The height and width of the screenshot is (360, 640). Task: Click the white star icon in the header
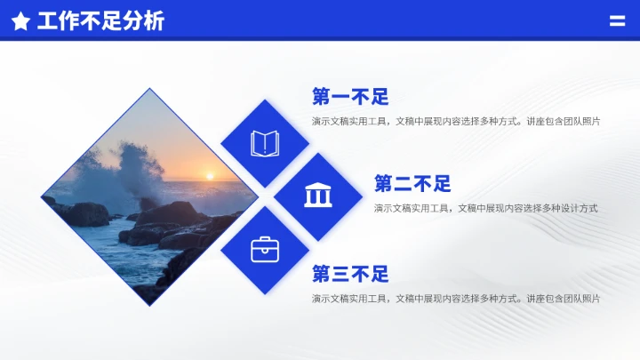(20, 21)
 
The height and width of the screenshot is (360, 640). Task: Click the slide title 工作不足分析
(100, 21)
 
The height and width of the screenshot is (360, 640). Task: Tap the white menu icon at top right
(617, 21)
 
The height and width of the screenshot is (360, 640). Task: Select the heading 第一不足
(350, 97)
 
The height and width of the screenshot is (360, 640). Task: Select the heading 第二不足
(412, 184)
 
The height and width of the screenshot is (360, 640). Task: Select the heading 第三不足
(350, 274)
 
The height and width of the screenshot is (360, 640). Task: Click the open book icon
(265, 143)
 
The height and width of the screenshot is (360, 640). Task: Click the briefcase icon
(265, 250)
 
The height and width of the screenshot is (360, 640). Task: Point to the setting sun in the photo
(210, 175)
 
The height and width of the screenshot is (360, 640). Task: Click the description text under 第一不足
(455, 121)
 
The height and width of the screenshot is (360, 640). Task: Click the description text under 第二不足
(485, 208)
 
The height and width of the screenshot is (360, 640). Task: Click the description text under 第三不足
(455, 298)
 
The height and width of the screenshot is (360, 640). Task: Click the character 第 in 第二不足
(384, 184)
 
